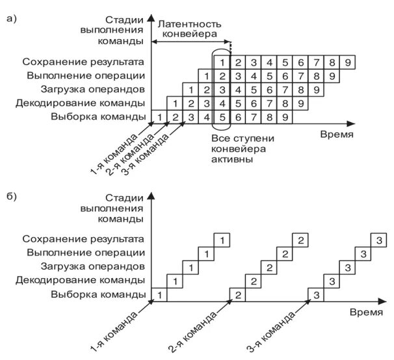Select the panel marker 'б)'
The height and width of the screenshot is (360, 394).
(11, 196)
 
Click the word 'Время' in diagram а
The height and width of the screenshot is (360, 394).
(337, 135)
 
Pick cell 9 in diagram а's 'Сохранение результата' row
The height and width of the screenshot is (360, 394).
(348, 62)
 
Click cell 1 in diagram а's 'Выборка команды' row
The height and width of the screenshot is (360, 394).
(159, 117)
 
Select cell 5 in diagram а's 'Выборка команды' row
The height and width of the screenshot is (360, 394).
(222, 117)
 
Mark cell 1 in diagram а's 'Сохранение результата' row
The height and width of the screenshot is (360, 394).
(222, 62)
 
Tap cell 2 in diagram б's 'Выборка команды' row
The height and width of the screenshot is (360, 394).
(239, 295)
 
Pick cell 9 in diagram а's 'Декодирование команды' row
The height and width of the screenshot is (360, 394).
(301, 103)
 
